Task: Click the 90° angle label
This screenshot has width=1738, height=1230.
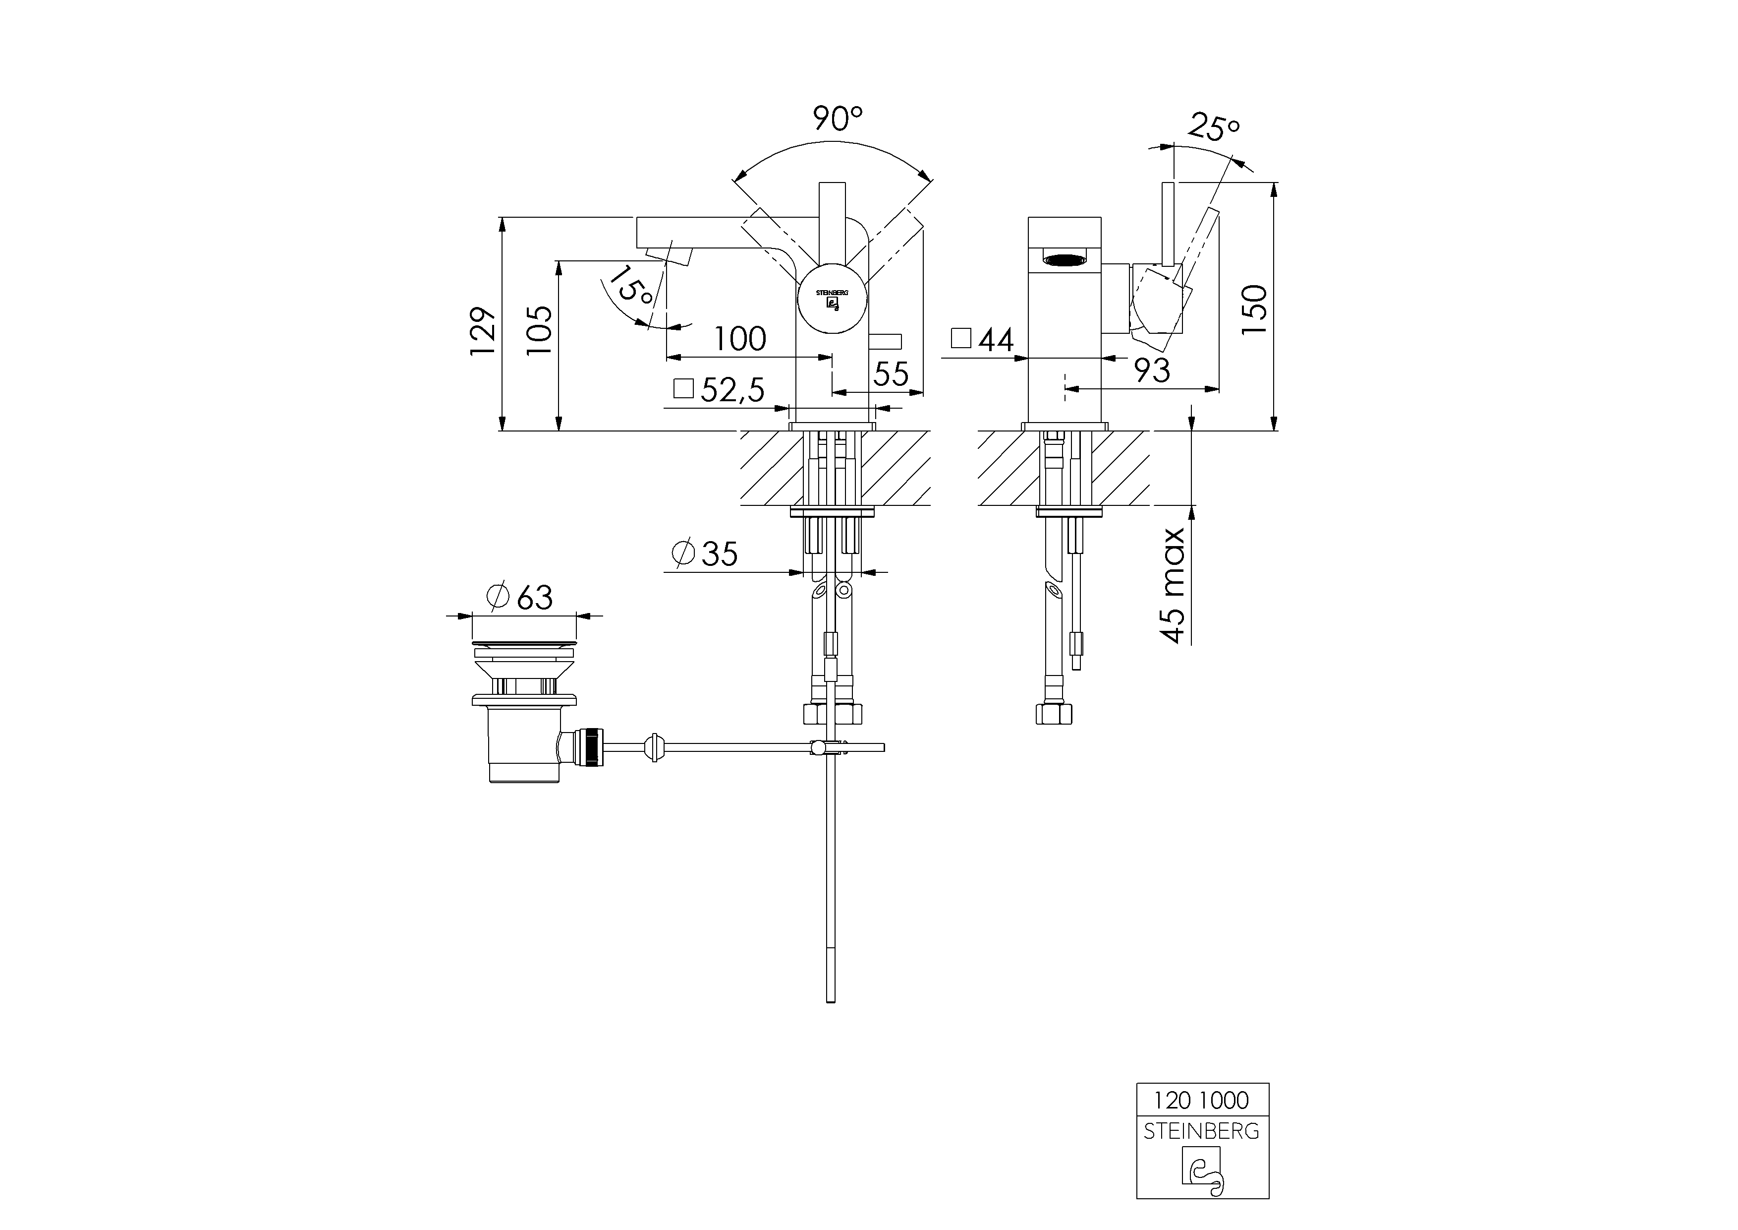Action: tap(837, 119)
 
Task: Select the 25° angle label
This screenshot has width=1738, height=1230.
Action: tap(1213, 127)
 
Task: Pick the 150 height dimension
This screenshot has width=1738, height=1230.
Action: tap(1254, 310)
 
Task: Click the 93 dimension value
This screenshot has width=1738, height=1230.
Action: tap(1152, 371)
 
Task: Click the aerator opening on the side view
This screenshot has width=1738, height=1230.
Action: tap(1064, 260)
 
